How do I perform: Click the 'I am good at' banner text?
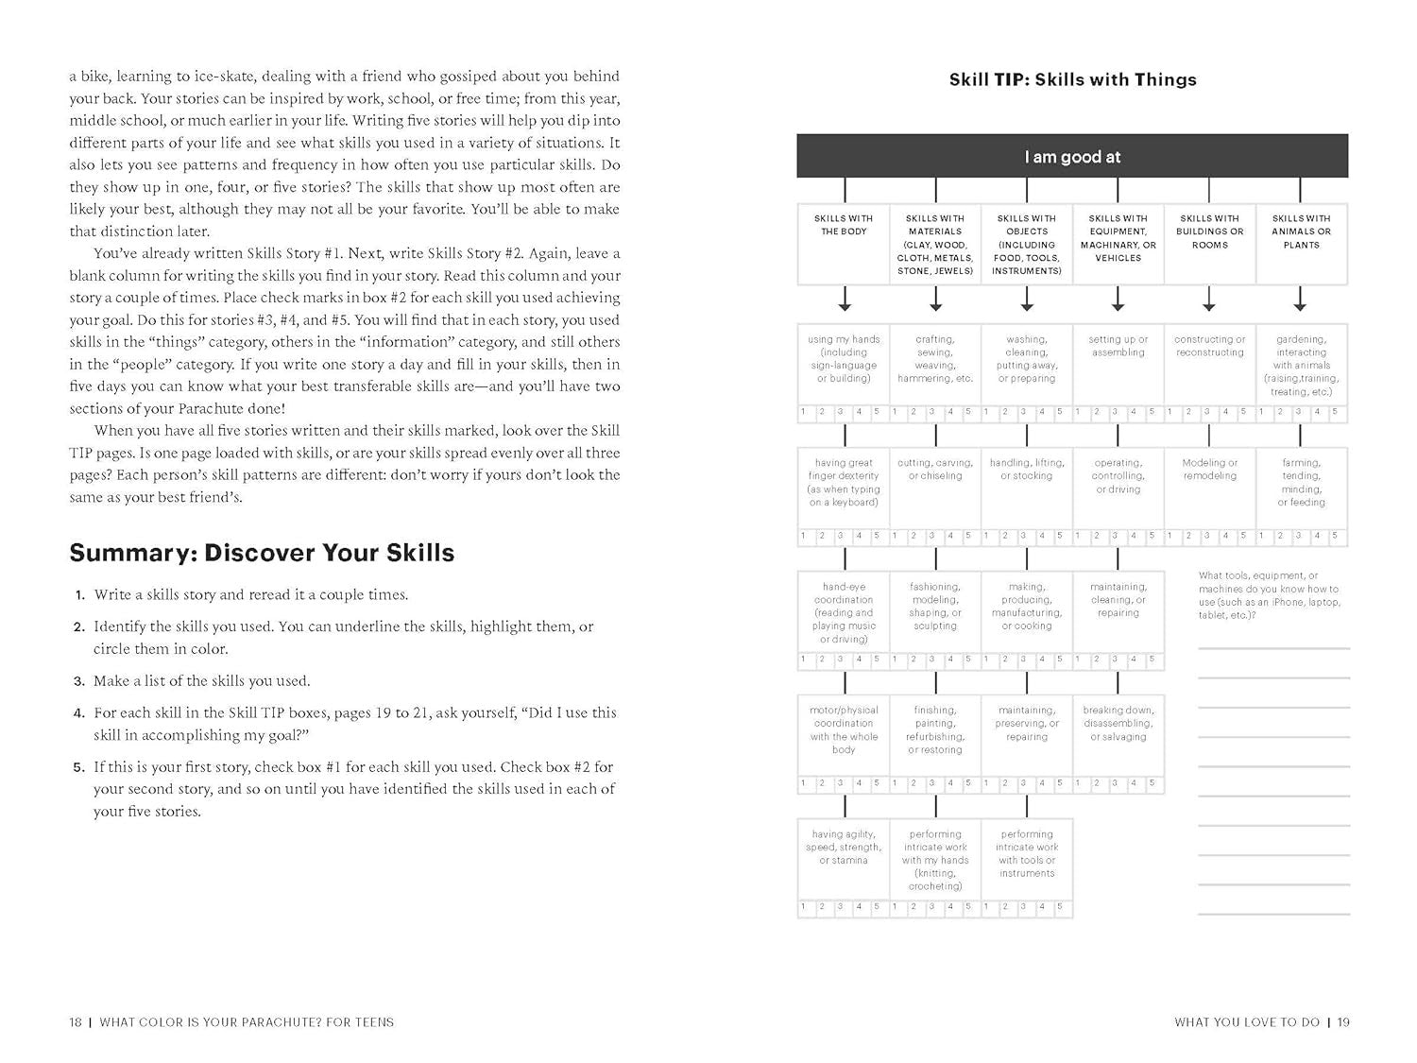pyautogui.click(x=1072, y=157)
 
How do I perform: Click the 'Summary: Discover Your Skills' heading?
pyautogui.click(x=262, y=553)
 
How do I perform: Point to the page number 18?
pyautogui.click(x=76, y=1021)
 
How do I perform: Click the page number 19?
pyautogui.click(x=1344, y=1021)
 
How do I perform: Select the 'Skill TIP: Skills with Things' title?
pyautogui.click(x=1072, y=80)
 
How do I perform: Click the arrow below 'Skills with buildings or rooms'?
pyautogui.click(x=1209, y=300)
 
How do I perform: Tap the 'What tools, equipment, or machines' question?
pyautogui.click(x=1269, y=595)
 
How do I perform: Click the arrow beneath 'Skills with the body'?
pyautogui.click(x=845, y=300)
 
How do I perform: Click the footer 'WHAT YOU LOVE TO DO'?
pyautogui.click(x=1246, y=1021)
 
